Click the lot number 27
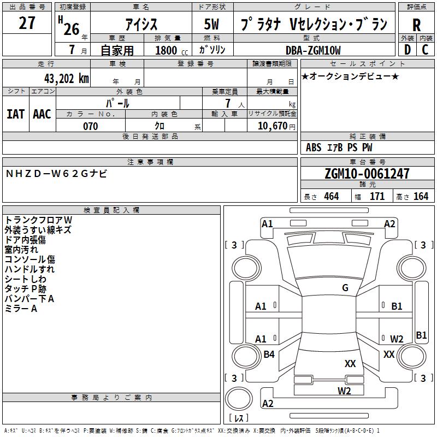coord(27,23)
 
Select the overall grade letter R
coord(416,25)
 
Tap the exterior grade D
coord(407,49)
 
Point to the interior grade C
coord(425,49)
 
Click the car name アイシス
coord(141,24)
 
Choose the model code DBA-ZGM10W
coord(313,50)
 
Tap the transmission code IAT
coord(15,114)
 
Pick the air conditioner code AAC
coord(42,114)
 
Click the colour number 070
coord(90,126)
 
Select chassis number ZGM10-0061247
coord(367,174)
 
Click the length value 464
coord(331,197)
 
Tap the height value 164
coord(421,197)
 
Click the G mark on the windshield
coord(345,288)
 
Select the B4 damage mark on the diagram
coord(269,355)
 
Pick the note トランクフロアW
coord(38,220)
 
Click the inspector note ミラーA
coord(21,309)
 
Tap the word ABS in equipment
coord(314,147)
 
